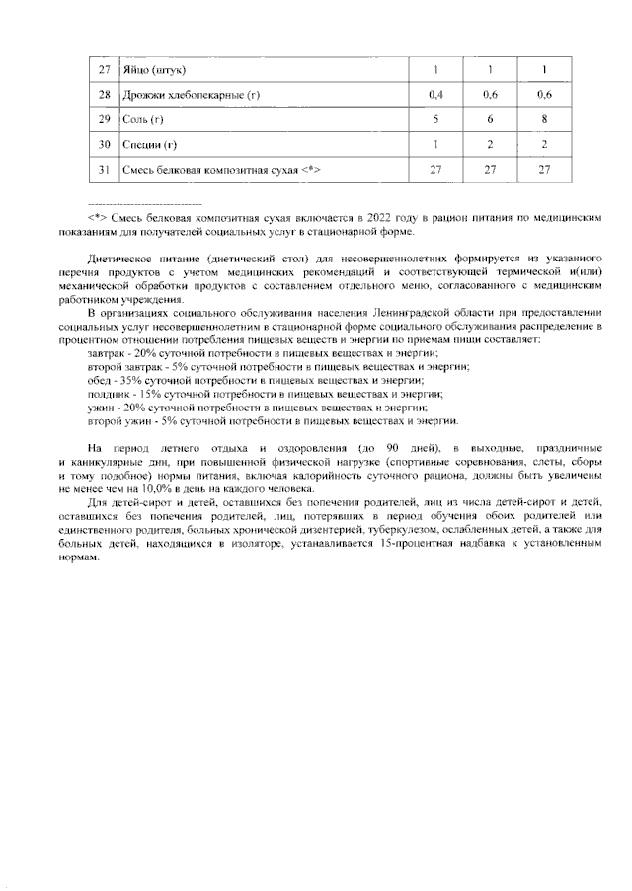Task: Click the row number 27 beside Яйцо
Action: click(x=104, y=70)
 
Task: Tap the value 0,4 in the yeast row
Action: click(x=435, y=95)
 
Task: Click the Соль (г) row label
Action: click(x=143, y=119)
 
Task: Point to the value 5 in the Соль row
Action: click(x=435, y=119)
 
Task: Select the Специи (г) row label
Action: click(x=149, y=144)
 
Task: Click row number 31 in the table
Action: click(x=104, y=169)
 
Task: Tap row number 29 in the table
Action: click(x=104, y=119)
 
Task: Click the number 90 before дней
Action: click(x=393, y=450)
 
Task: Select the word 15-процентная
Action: click(x=443, y=544)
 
